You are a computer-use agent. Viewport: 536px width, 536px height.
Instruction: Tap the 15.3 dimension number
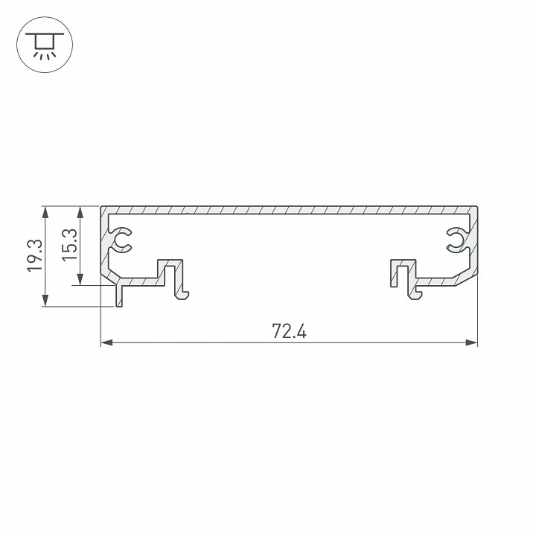pyautogui.click(x=68, y=243)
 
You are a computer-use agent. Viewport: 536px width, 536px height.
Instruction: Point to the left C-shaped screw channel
pyautogui.click(x=121, y=239)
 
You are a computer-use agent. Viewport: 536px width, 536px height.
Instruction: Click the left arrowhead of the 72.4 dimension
pyautogui.click(x=106, y=343)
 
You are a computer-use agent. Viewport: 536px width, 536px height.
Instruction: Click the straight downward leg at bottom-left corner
pyautogui.click(x=118, y=296)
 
